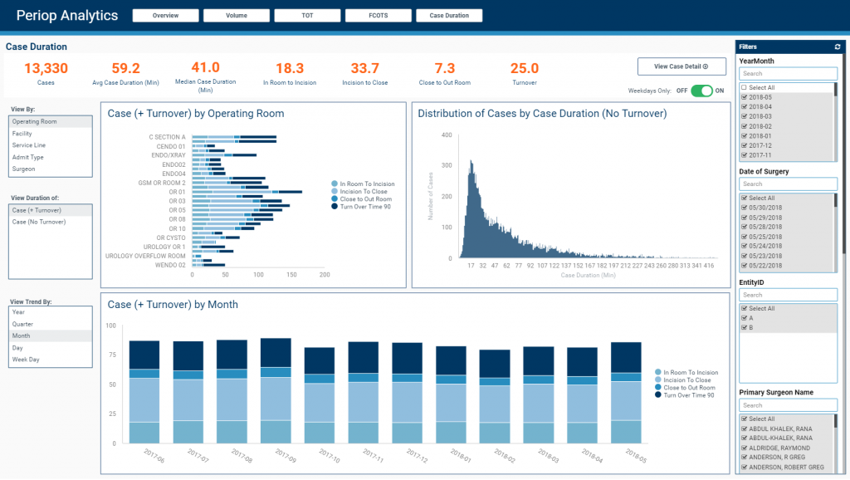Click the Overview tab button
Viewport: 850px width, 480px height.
pos(166,15)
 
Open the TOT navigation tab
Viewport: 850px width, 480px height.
pos(307,15)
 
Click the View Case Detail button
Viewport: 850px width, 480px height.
pos(681,66)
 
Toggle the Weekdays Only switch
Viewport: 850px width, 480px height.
pos(701,91)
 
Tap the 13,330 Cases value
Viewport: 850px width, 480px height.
pos(46,69)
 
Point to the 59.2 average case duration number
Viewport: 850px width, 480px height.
pos(125,69)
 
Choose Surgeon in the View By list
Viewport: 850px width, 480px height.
pos(24,169)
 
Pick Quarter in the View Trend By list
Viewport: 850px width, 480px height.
pos(23,324)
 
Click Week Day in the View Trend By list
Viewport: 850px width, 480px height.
pos(26,360)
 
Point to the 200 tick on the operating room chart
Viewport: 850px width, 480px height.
pos(324,274)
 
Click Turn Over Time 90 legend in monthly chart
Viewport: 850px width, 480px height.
pos(689,395)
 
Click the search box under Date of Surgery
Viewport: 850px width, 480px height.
pos(788,184)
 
